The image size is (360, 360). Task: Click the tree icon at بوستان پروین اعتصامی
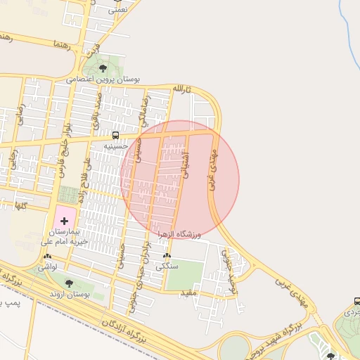pos(103,68)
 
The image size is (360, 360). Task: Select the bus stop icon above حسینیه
pos(115,135)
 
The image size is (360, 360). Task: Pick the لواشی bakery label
pos(47,267)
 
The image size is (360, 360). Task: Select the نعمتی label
pos(118,11)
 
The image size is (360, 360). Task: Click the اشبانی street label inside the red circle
pos(186,166)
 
